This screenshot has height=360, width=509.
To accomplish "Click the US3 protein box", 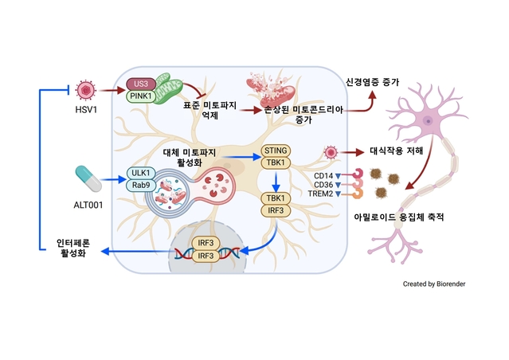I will pos(141,84).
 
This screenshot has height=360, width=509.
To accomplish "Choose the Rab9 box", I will pos(142,186).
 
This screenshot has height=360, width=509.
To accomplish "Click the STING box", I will pos(275,151).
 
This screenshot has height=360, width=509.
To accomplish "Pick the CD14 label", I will pos(323,175).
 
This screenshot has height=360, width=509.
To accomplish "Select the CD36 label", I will pos(323,184).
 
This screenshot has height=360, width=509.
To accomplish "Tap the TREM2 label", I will pos(320,194).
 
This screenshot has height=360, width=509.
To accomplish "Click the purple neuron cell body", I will pos(429,122).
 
